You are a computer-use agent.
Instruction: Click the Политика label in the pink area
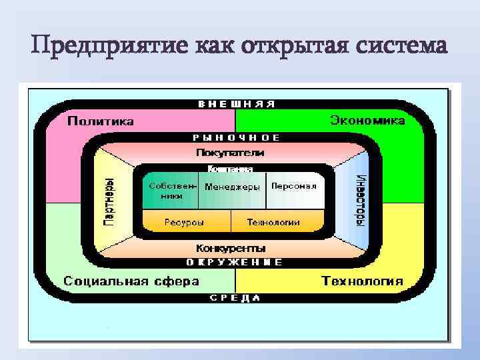pyautogui.click(x=101, y=121)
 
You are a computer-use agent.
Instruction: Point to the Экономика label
pyautogui.click(x=367, y=121)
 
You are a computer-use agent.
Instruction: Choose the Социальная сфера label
pyautogui.click(x=131, y=281)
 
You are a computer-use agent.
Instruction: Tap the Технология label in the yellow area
pyautogui.click(x=362, y=281)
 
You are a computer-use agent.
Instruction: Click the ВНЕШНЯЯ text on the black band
pyautogui.click(x=237, y=104)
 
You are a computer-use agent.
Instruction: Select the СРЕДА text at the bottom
pyautogui.click(x=235, y=298)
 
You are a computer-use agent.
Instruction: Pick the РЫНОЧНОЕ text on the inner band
pyautogui.click(x=236, y=137)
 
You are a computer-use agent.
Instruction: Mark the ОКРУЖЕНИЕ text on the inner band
pyautogui.click(x=234, y=262)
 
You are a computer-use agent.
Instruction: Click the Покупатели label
pyautogui.click(x=229, y=152)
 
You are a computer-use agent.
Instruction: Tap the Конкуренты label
pyautogui.click(x=230, y=247)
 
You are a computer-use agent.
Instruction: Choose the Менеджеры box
pyautogui.click(x=232, y=187)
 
